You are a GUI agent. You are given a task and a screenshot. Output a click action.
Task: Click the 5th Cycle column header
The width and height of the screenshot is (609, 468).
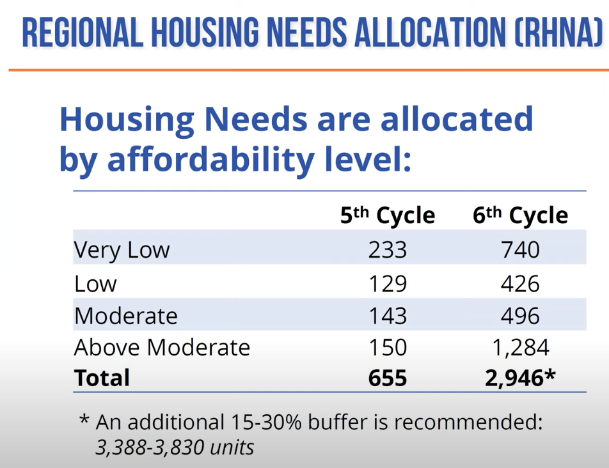click(x=387, y=215)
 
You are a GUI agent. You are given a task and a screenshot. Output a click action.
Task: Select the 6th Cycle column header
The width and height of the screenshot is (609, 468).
click(x=520, y=215)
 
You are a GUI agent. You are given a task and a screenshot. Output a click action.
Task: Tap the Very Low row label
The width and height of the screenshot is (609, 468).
click(x=122, y=249)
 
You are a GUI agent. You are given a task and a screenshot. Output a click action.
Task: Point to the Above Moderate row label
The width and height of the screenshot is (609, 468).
click(x=162, y=347)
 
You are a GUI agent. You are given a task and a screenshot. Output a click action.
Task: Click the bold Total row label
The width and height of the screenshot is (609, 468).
click(x=102, y=378)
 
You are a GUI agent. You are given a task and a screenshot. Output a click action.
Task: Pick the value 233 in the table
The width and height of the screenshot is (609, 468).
click(x=387, y=249)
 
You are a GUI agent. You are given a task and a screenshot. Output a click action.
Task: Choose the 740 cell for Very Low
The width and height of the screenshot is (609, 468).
click(x=520, y=249)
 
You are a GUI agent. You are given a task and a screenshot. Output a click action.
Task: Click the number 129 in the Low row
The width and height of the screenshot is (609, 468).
click(x=387, y=283)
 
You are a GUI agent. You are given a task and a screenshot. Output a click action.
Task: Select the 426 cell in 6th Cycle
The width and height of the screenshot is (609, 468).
click(x=520, y=283)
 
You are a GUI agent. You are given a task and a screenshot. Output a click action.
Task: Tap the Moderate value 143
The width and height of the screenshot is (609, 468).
click(x=387, y=316)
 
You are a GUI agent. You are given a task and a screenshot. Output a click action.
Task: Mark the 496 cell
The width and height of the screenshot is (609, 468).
click(x=520, y=316)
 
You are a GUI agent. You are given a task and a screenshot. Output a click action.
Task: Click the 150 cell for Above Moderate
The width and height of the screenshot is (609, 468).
click(x=387, y=347)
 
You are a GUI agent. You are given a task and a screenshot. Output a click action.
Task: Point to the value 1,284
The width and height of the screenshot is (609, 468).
click(x=520, y=347)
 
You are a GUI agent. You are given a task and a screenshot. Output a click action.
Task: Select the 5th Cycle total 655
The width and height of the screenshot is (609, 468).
click(x=387, y=378)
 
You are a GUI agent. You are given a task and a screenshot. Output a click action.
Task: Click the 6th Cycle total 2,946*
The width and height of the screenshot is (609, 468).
click(x=520, y=378)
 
